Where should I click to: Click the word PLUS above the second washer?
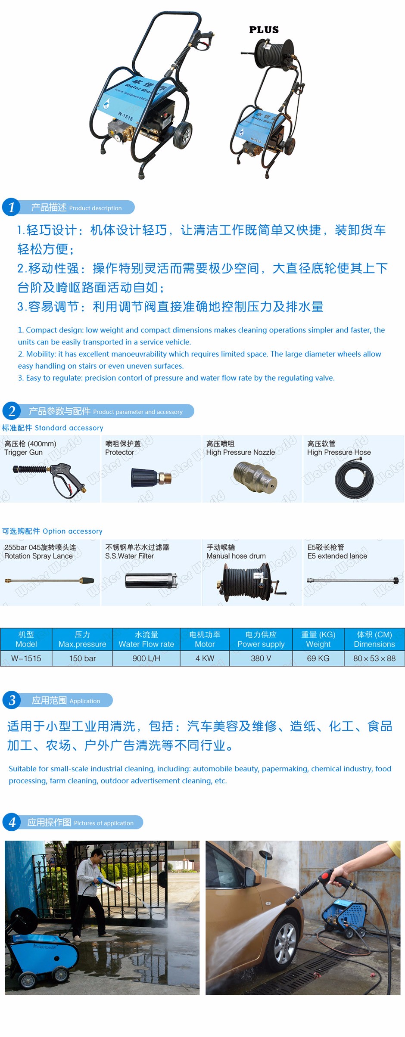click(264, 30)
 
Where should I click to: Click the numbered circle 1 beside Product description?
click(11, 207)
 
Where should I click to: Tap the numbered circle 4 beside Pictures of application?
click(12, 822)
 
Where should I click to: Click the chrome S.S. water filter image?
click(151, 581)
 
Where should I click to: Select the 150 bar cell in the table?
click(82, 658)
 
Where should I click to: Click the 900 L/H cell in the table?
click(146, 658)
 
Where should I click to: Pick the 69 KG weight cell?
click(318, 658)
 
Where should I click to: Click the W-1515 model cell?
click(26, 658)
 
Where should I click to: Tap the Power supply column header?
click(261, 639)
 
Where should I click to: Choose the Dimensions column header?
click(374, 639)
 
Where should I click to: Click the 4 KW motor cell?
click(205, 658)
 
